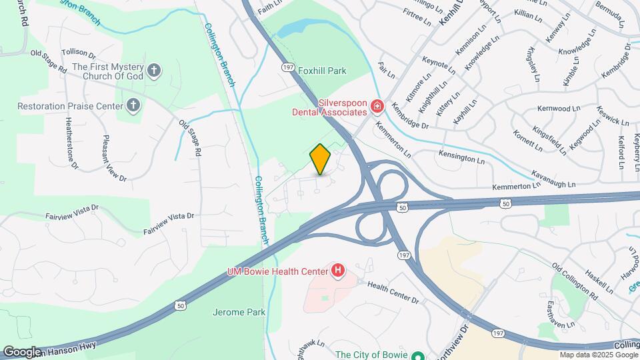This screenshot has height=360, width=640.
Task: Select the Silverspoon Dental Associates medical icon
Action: click(x=377, y=106)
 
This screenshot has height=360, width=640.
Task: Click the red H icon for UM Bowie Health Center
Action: click(x=339, y=270)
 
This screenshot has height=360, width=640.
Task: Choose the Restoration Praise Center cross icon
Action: click(x=133, y=105)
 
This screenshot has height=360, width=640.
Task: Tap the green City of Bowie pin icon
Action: click(x=418, y=355)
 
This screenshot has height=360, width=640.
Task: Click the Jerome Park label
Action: click(x=239, y=311)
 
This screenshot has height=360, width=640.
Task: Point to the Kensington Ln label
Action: click(x=461, y=157)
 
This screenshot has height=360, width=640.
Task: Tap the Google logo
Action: click(x=22, y=352)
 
